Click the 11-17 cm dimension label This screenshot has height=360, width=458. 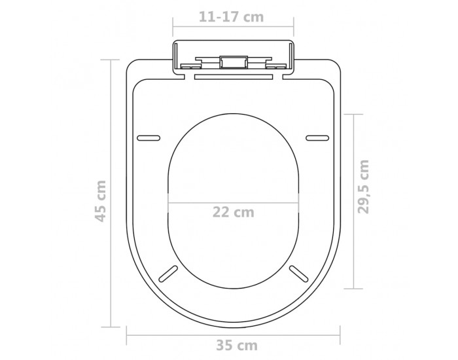232,17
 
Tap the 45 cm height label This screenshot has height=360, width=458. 101,201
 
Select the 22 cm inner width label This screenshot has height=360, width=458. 234,212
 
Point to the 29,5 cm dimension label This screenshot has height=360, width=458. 364,187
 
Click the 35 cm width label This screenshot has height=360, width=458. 237,346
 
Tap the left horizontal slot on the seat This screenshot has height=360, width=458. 149,138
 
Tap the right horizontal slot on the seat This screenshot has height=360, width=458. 317,138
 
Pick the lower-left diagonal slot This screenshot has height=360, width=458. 168,274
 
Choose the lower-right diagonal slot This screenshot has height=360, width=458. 299,274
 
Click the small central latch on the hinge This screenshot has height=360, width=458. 234,62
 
